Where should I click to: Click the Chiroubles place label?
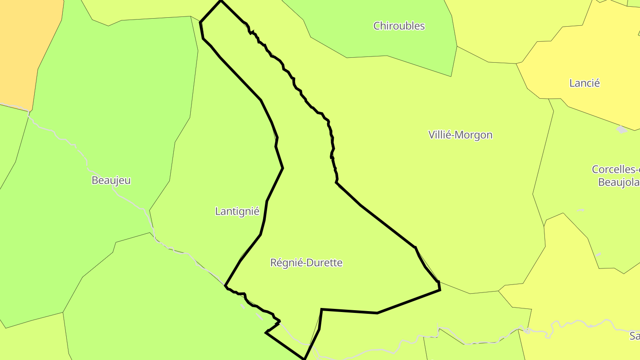[x=399, y=26]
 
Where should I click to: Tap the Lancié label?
[x=584, y=83]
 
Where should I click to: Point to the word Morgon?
[x=475, y=135]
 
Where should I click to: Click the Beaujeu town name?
[x=111, y=180]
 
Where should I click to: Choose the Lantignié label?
[x=237, y=212]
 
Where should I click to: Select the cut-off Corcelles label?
[x=616, y=169]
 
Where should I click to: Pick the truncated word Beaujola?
[x=619, y=182]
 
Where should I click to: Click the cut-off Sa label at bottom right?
[x=634, y=336]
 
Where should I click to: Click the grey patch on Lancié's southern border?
[x=621, y=129]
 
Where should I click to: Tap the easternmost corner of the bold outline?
[x=440, y=290]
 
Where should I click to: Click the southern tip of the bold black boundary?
[x=304, y=358]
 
